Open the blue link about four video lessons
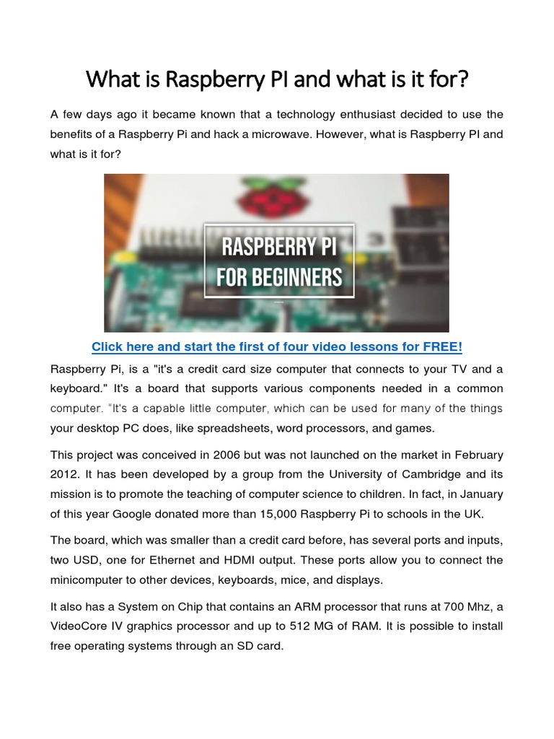[276, 347]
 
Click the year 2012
[66, 476]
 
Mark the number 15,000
[283, 515]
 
